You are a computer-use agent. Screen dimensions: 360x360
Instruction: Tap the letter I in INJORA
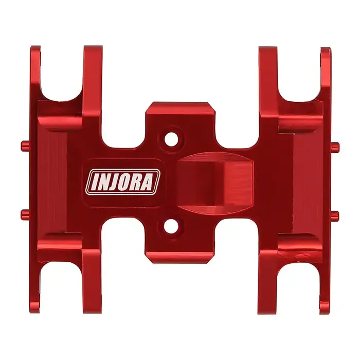coord(94,182)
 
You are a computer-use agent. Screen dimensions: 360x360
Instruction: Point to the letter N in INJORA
coord(104,182)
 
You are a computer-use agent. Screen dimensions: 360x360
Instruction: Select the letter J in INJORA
coord(116,182)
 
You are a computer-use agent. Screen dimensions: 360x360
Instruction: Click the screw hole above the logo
coord(172,138)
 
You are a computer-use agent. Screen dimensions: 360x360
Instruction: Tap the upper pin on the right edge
coord(335,146)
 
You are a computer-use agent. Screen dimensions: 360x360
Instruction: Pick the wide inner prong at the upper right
coord(268,77)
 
